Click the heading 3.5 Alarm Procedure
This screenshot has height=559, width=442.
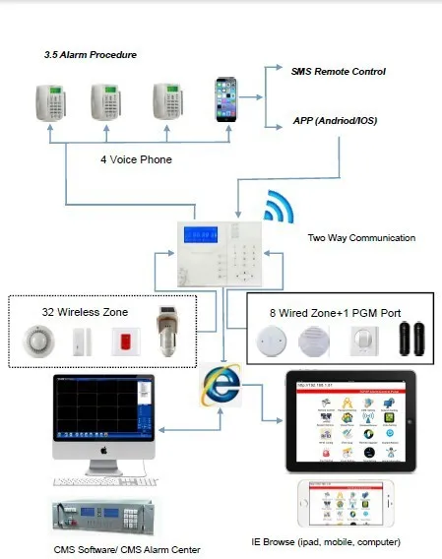90,55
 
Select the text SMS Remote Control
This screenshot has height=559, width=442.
338,72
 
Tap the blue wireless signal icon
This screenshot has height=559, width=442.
279,209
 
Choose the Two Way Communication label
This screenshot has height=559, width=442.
361,237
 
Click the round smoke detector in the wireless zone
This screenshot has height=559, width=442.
37,342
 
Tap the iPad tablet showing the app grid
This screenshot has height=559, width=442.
349,421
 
